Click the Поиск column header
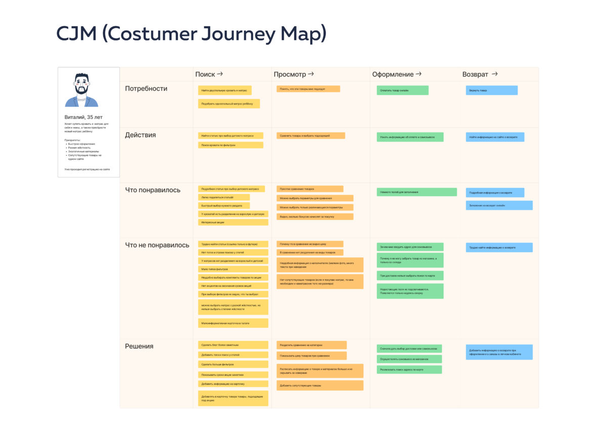pos(205,74)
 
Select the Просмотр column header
pos(290,74)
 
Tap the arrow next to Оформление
pos(419,74)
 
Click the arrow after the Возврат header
pos(494,74)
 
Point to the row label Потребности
pos(146,89)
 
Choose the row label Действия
pos(141,135)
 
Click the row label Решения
pos(139,346)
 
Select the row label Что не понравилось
pos(157,245)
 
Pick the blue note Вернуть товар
pos(491,91)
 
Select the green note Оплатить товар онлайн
pos(402,91)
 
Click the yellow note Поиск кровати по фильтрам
pos(230,145)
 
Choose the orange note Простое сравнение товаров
pos(310,189)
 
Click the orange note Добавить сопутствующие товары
pos(320,385)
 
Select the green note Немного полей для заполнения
pos(416,192)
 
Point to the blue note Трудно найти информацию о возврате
pos(499,247)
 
